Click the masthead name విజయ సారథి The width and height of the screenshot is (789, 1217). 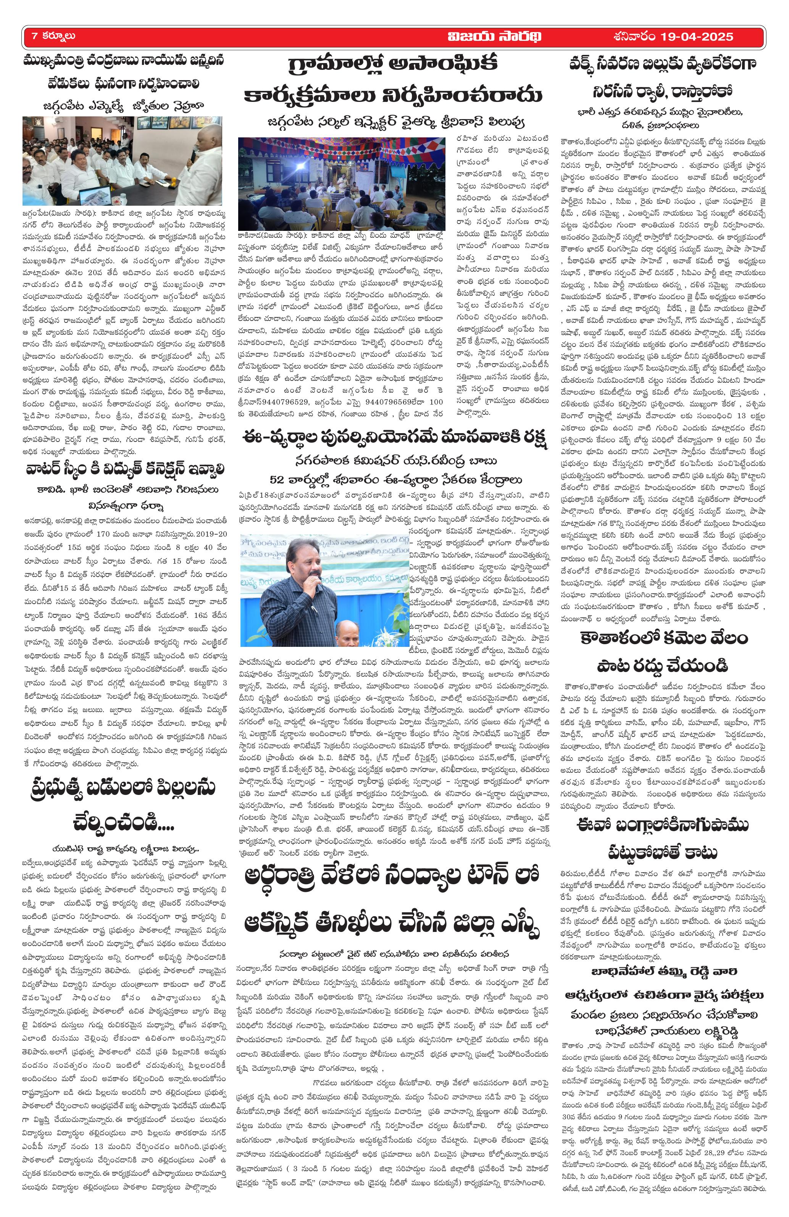click(x=494, y=36)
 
